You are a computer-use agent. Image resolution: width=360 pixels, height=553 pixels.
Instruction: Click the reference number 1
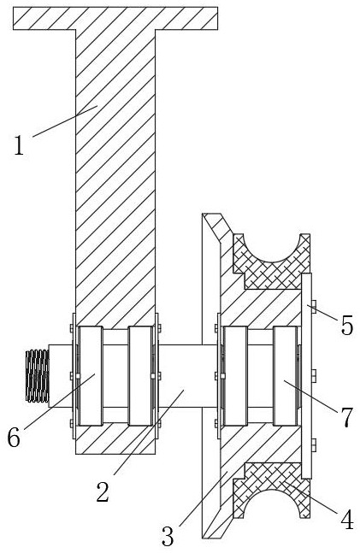point(19,145)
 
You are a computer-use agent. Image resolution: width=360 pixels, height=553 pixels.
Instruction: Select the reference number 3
point(168,536)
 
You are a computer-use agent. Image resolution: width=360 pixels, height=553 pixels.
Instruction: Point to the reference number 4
point(347,520)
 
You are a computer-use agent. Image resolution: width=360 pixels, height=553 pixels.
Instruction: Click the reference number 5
point(346,325)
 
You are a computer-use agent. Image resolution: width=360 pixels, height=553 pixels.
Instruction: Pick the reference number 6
point(14,438)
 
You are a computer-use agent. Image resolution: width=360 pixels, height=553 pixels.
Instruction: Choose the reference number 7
point(346,417)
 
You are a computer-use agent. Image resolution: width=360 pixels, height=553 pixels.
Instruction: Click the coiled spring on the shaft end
point(37,375)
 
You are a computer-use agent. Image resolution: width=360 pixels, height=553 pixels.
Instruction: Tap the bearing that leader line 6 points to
point(91,375)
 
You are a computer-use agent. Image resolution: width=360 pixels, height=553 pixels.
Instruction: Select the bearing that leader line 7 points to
point(285,375)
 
